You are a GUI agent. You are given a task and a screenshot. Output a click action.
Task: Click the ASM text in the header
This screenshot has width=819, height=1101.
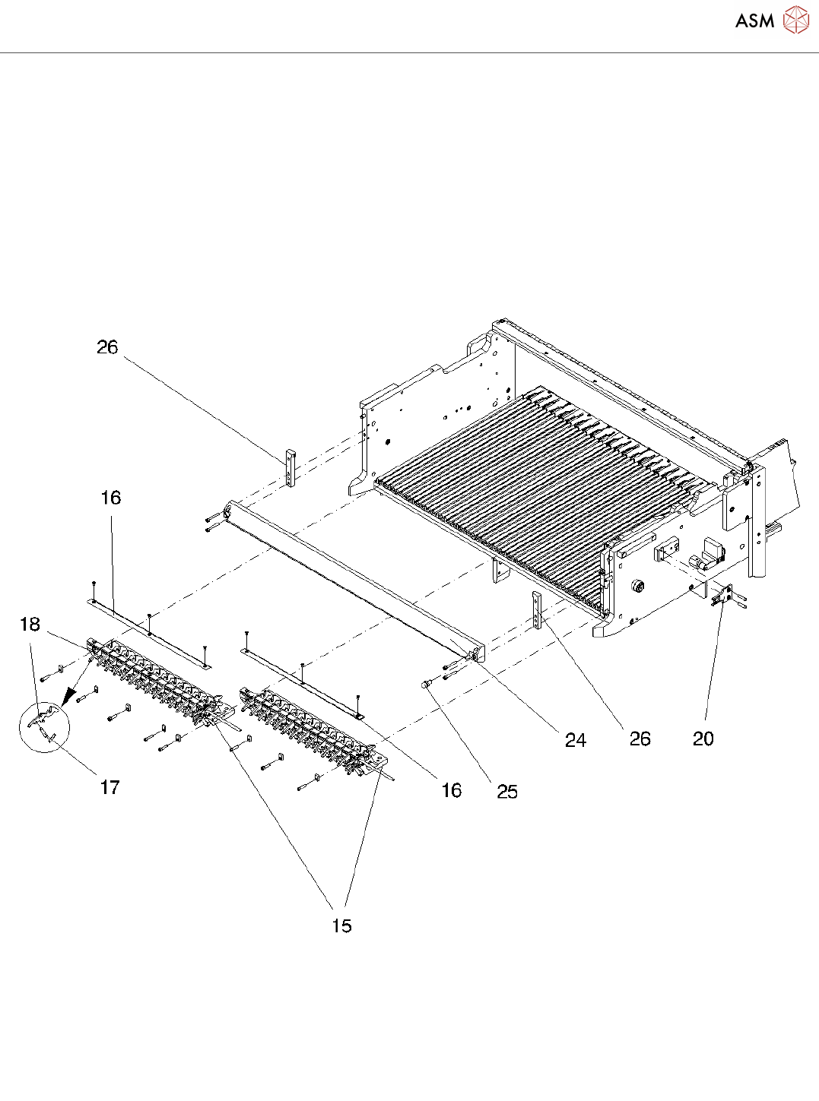click(754, 21)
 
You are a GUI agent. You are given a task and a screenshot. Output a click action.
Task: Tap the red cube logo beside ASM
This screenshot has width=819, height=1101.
click(795, 20)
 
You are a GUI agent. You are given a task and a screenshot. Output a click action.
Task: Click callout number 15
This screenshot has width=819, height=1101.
click(342, 925)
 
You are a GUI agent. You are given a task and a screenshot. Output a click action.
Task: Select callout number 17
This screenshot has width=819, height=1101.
click(110, 787)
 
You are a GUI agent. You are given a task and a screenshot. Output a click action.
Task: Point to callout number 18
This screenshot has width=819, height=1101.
click(30, 625)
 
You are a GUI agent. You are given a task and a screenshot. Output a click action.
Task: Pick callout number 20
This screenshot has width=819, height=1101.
click(703, 739)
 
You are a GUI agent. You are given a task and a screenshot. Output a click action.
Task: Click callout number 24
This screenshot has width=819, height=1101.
click(576, 740)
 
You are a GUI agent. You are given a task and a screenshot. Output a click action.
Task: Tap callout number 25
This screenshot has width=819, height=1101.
click(507, 792)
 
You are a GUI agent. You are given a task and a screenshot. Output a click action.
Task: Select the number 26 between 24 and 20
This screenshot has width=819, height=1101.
click(640, 739)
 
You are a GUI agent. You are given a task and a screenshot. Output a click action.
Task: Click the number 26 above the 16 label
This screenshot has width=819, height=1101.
click(107, 347)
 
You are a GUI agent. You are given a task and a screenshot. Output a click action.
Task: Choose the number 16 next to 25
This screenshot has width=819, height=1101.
click(452, 790)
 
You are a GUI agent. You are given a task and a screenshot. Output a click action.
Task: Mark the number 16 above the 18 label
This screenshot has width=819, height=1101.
click(111, 498)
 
